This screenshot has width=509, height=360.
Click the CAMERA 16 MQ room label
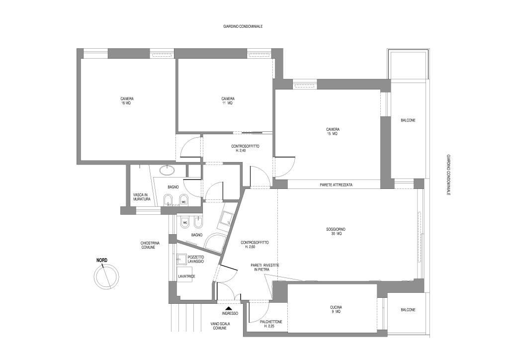(x=127, y=101)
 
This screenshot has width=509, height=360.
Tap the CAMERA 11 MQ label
(x=228, y=101)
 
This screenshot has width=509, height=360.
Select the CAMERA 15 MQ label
(x=333, y=131)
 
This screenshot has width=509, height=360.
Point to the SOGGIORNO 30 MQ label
(x=336, y=231)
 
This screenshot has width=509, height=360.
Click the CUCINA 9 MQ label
(x=336, y=309)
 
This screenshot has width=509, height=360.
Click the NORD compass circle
(x=106, y=277)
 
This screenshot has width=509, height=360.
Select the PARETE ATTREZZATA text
(x=336, y=185)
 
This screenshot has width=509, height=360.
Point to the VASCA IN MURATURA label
(x=142, y=197)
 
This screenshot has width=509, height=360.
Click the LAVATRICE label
(x=186, y=276)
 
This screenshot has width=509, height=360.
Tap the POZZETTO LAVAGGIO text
(x=195, y=259)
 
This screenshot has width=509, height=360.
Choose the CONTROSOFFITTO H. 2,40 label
(x=245, y=148)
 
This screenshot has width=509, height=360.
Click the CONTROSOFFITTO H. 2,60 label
(x=254, y=245)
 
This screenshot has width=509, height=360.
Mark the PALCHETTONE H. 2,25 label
(x=271, y=324)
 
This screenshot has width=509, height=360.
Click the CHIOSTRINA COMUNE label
(x=148, y=245)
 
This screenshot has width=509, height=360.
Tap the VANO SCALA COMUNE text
(x=220, y=326)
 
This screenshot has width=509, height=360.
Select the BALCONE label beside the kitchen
(x=408, y=310)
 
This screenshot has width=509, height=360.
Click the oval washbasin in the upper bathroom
(x=167, y=170)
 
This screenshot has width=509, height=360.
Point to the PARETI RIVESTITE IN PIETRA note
(x=264, y=267)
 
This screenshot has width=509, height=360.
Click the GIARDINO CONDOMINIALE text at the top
(x=243, y=27)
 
